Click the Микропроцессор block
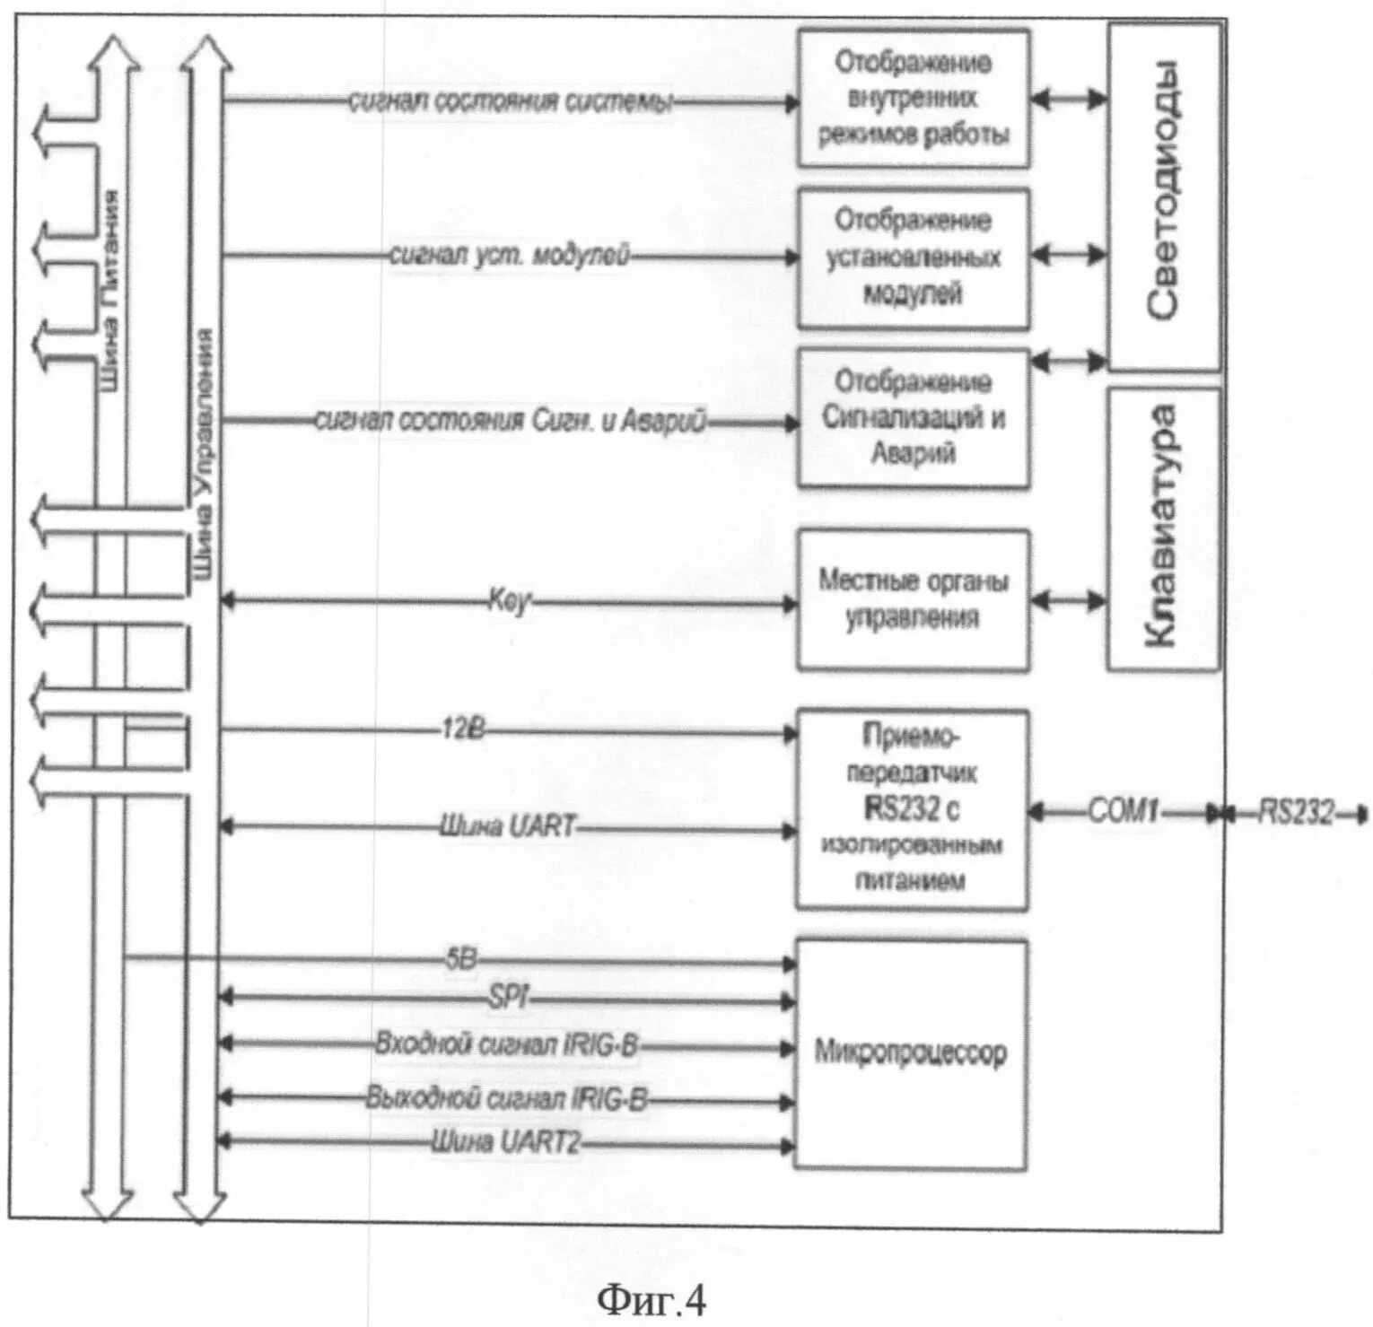coord(910,1052)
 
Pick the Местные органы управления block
coord(913,599)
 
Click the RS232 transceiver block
coord(911,808)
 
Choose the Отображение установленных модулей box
coord(913,258)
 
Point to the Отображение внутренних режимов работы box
coord(913,98)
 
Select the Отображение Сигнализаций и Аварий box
coord(913,417)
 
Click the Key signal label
coord(509,600)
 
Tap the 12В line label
coord(462,729)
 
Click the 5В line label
coord(461,959)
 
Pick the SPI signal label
coord(508,997)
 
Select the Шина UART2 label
coord(506,1142)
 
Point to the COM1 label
coord(1123,812)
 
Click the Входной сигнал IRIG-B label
coord(506,1044)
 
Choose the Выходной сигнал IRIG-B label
coord(506,1098)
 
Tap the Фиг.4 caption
coord(652,1300)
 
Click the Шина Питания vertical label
coord(109,292)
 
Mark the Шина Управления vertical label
coord(205,453)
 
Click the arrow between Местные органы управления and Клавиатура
coord(1068,600)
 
